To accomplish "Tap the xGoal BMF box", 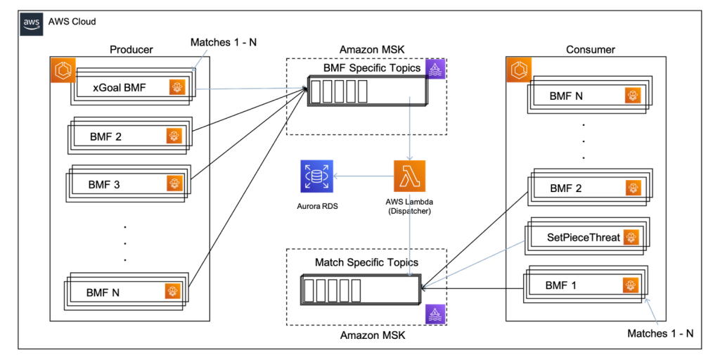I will pos(131,89).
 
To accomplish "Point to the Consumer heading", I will pos(590,49).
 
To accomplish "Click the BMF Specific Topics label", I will pos(371,68).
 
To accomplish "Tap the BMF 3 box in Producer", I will pos(127,184).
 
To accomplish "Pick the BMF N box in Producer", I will pos(127,291).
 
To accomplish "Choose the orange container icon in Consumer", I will pos(518,69).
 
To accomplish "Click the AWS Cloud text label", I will pos(72,22).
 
